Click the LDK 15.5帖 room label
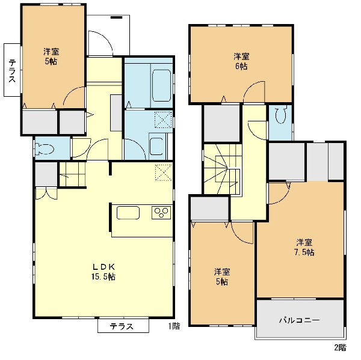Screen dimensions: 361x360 (x=103, y=272)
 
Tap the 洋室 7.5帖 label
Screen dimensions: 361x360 (x=304, y=247)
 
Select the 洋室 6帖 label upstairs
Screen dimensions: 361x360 (x=241, y=61)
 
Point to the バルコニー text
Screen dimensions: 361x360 (x=299, y=320)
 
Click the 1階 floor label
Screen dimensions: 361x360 (x=174, y=326)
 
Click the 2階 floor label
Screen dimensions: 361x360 (x=340, y=347)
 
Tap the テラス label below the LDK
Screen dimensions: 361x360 (x=122, y=326)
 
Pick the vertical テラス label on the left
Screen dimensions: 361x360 (x=12, y=71)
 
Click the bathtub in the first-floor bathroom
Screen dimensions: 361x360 (x=161, y=85)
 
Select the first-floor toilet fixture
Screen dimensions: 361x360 (x=45, y=148)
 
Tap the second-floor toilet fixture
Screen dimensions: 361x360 (x=280, y=114)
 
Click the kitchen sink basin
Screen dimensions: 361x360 (x=128, y=213)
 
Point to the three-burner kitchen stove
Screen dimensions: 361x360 (x=161, y=213)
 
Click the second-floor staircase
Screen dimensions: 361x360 (x=222, y=169)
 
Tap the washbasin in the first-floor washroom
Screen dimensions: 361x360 (x=158, y=146)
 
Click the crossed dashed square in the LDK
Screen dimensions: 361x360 (x=164, y=172)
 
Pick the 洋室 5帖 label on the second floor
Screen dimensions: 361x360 (x=222, y=276)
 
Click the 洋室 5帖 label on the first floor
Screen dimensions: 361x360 (x=51, y=56)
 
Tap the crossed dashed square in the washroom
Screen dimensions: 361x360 (x=164, y=120)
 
